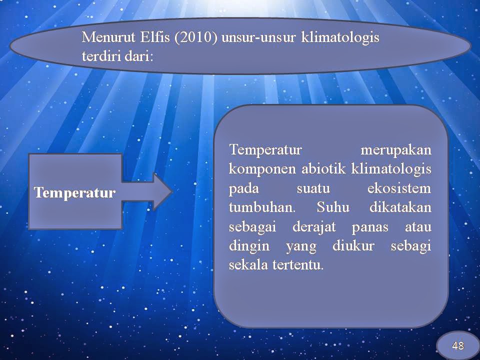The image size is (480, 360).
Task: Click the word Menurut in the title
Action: tap(108, 37)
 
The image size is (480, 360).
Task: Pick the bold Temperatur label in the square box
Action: tap(74, 193)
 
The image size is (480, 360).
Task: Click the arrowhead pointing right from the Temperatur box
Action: tap(162, 191)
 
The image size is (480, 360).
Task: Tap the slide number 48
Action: tap(457, 345)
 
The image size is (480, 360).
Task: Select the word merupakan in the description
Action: tap(396, 150)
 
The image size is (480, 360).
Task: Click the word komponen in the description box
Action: tap(262, 169)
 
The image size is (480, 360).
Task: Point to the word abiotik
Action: tap(323, 168)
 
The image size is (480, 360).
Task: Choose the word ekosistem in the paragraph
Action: tap(399, 188)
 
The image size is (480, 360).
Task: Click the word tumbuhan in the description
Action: tap(262, 207)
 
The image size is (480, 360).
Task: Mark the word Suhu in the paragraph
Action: tap(333, 207)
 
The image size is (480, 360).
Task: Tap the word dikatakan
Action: tap(400, 207)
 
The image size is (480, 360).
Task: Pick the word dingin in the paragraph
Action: tap(249, 246)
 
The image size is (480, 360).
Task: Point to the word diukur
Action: tap(353, 245)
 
